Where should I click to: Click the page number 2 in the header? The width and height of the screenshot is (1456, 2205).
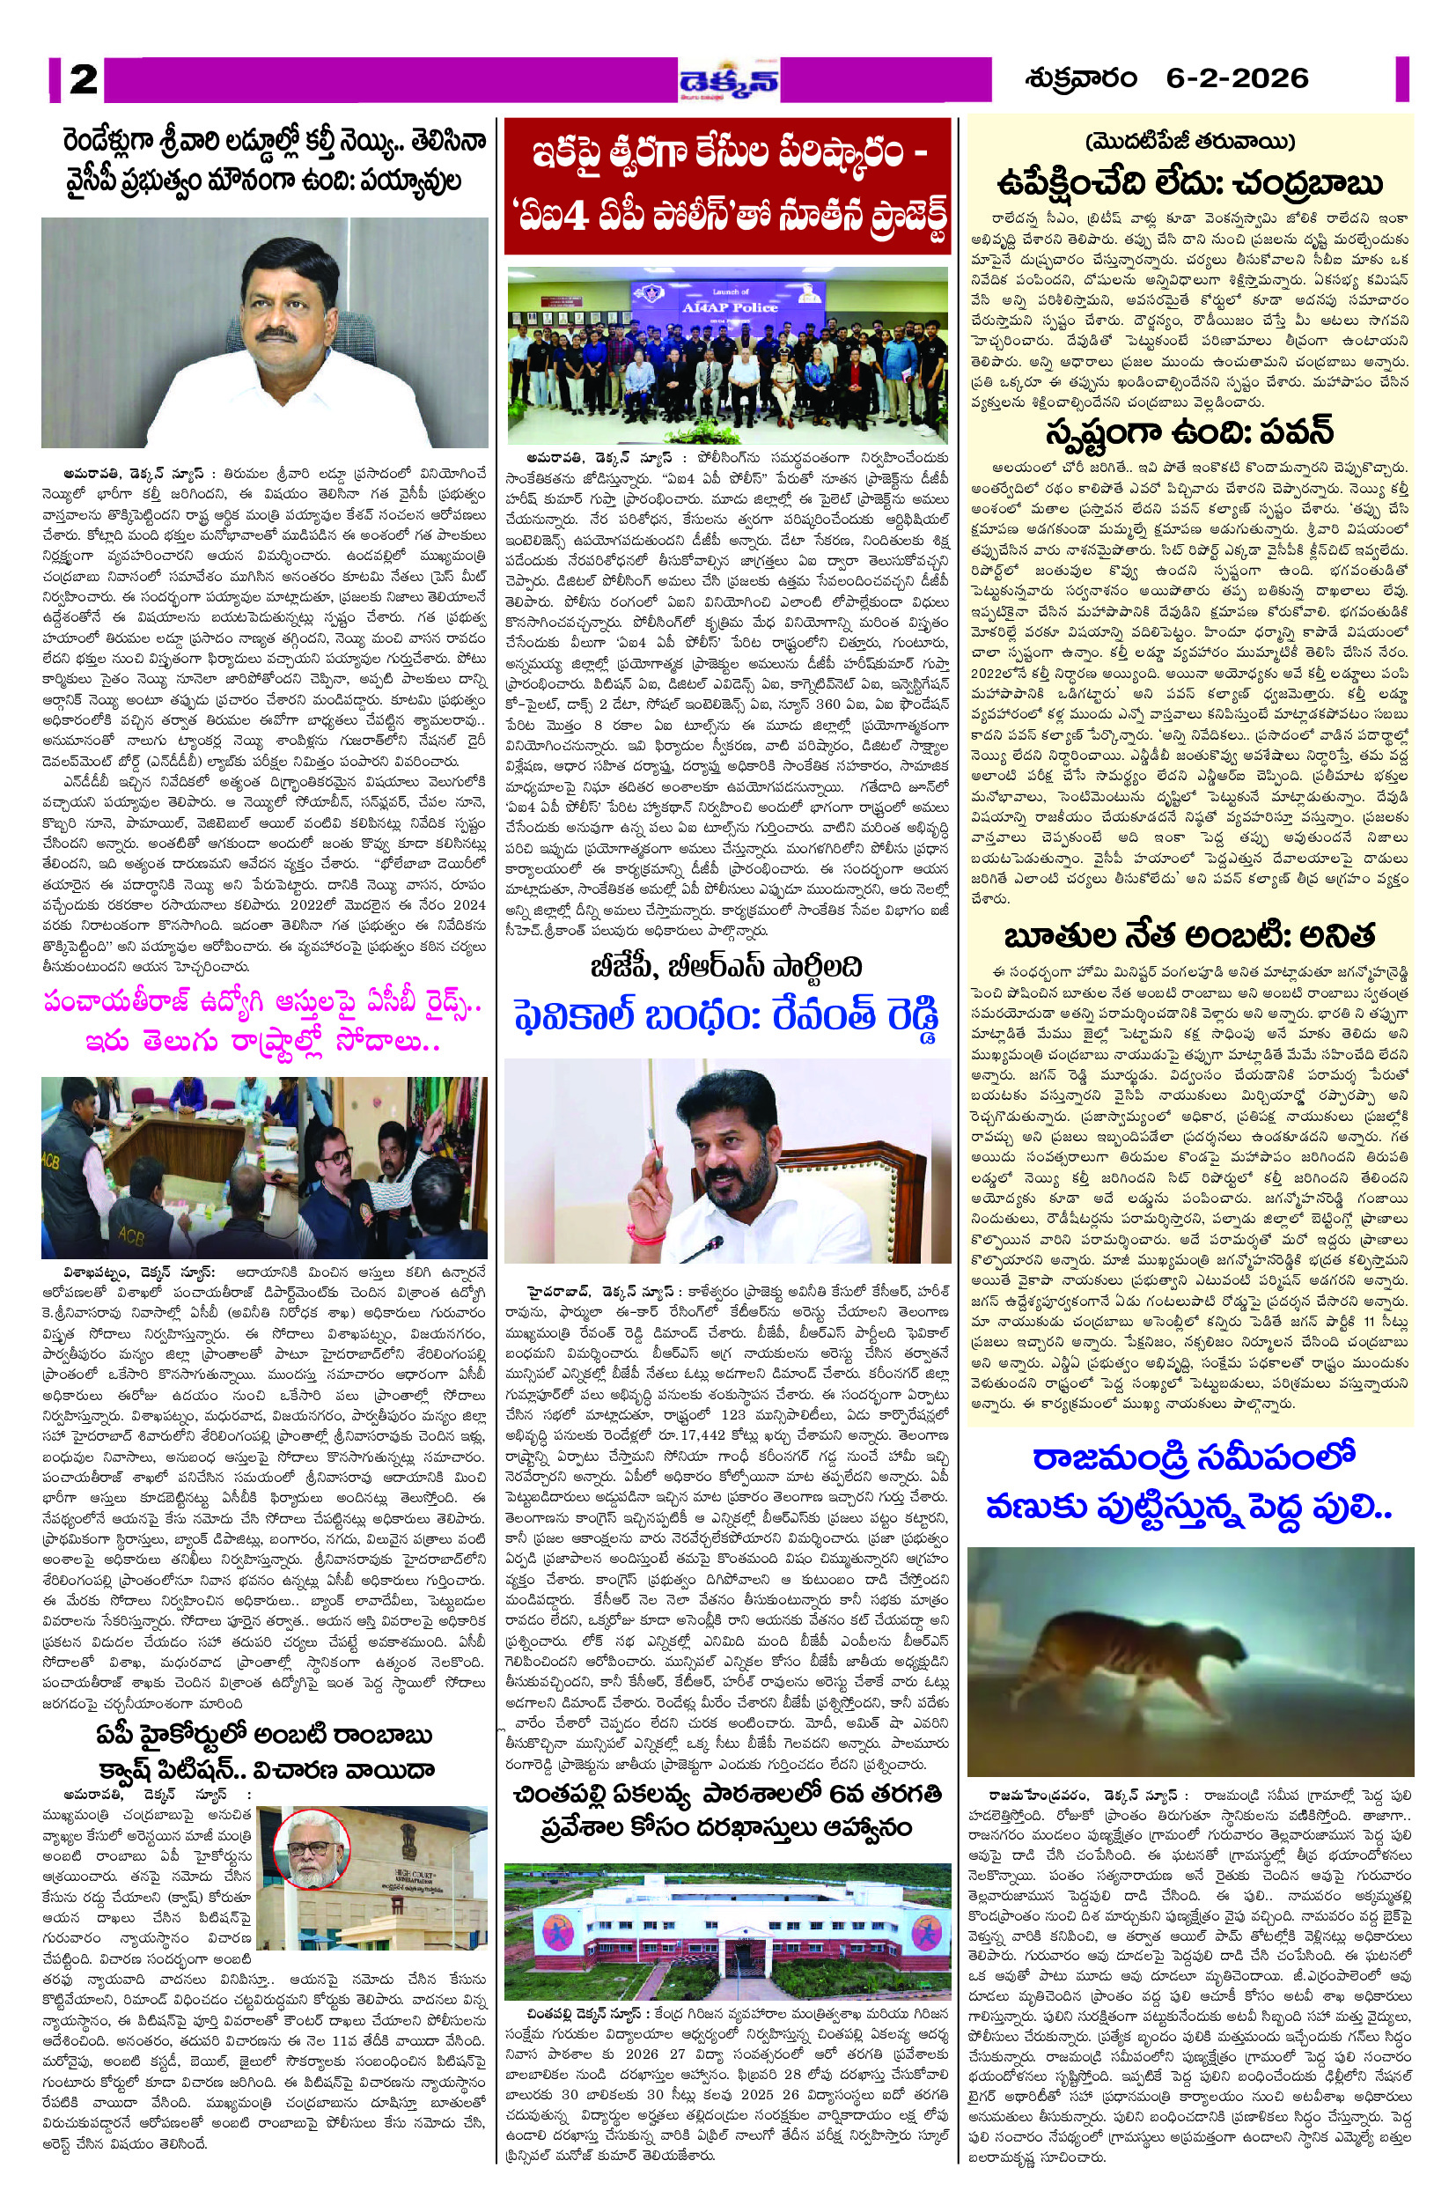(83, 80)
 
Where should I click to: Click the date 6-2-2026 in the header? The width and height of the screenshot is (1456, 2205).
(1237, 79)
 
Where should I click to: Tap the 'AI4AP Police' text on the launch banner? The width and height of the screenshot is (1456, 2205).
(729, 306)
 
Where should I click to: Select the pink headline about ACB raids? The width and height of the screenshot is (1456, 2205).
(264, 1021)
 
